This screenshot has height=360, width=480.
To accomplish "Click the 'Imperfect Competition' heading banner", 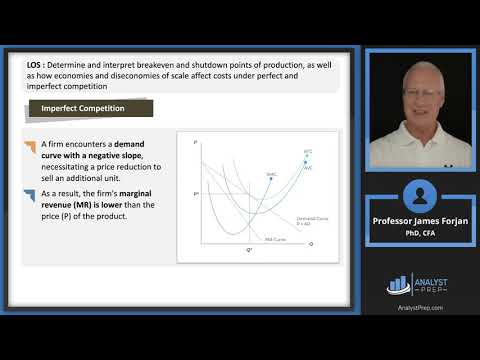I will click(x=89, y=108).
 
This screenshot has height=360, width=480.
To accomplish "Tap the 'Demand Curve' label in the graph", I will click(x=308, y=217).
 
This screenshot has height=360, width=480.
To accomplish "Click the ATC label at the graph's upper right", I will click(x=307, y=150).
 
